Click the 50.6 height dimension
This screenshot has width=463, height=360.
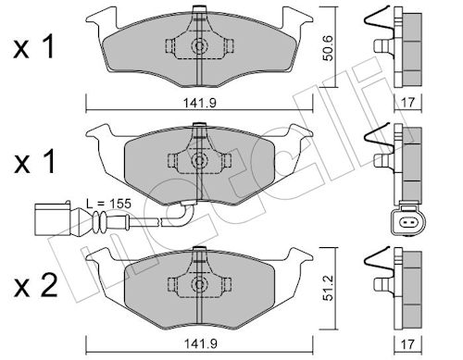(328, 48)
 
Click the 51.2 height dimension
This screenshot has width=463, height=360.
(328, 288)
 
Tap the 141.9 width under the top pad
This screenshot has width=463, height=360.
(200, 103)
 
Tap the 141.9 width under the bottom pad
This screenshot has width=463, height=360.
(200, 343)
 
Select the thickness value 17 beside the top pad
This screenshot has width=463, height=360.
(407, 103)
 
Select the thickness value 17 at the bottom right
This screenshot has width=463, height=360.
(407, 344)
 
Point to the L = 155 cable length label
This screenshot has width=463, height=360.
(108, 204)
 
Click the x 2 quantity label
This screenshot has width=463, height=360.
(35, 286)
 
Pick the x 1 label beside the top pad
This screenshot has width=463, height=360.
(34, 46)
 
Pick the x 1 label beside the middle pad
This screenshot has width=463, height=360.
(34, 161)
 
